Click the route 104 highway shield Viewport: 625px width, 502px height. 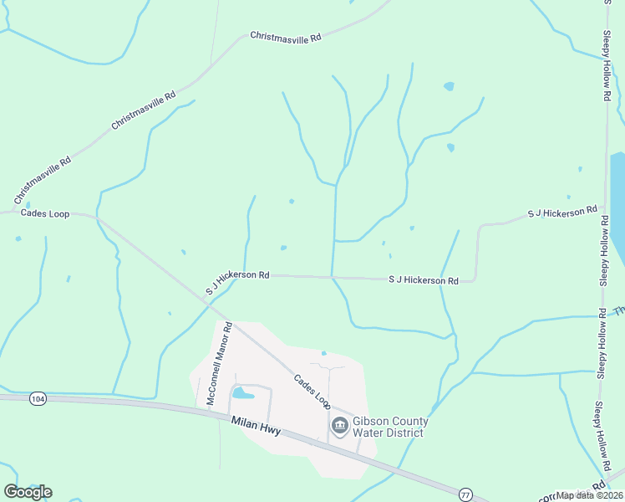tap(37, 399)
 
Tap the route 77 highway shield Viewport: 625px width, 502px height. tap(465, 493)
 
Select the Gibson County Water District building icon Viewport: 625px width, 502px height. tap(340, 427)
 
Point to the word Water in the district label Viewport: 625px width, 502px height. tap(371, 433)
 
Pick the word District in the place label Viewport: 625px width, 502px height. tap(407, 433)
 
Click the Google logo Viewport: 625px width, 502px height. tap(28, 492)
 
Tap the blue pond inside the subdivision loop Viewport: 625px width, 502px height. tap(243, 392)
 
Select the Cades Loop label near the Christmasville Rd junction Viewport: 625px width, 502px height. tap(45, 213)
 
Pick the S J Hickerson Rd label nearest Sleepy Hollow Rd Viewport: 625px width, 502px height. tap(562, 213)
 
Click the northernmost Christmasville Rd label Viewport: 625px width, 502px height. tap(286, 37)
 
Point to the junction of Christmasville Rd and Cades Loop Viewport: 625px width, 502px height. tap(98, 218)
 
